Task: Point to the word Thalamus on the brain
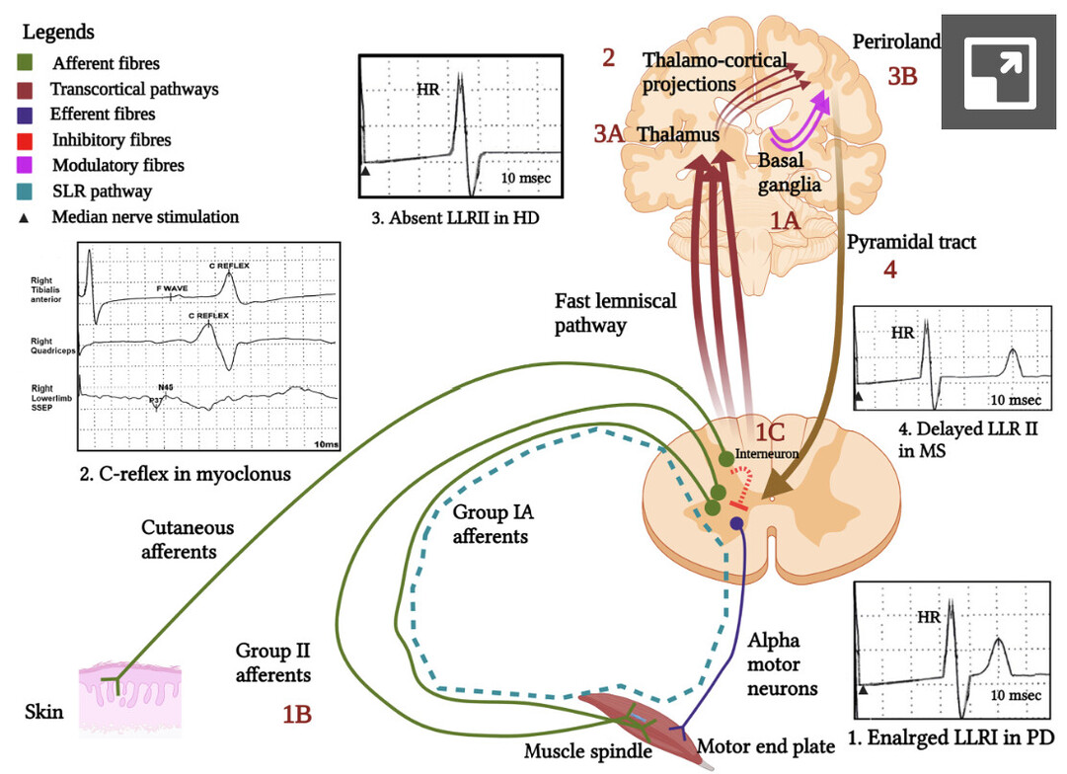(678, 134)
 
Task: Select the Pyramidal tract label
(912, 242)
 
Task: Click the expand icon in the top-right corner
(1000, 72)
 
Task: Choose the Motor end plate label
(764, 745)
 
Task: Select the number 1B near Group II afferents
(297, 714)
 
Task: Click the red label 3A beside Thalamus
(609, 134)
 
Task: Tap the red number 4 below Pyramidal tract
(890, 269)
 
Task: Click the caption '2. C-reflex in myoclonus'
(186, 474)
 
